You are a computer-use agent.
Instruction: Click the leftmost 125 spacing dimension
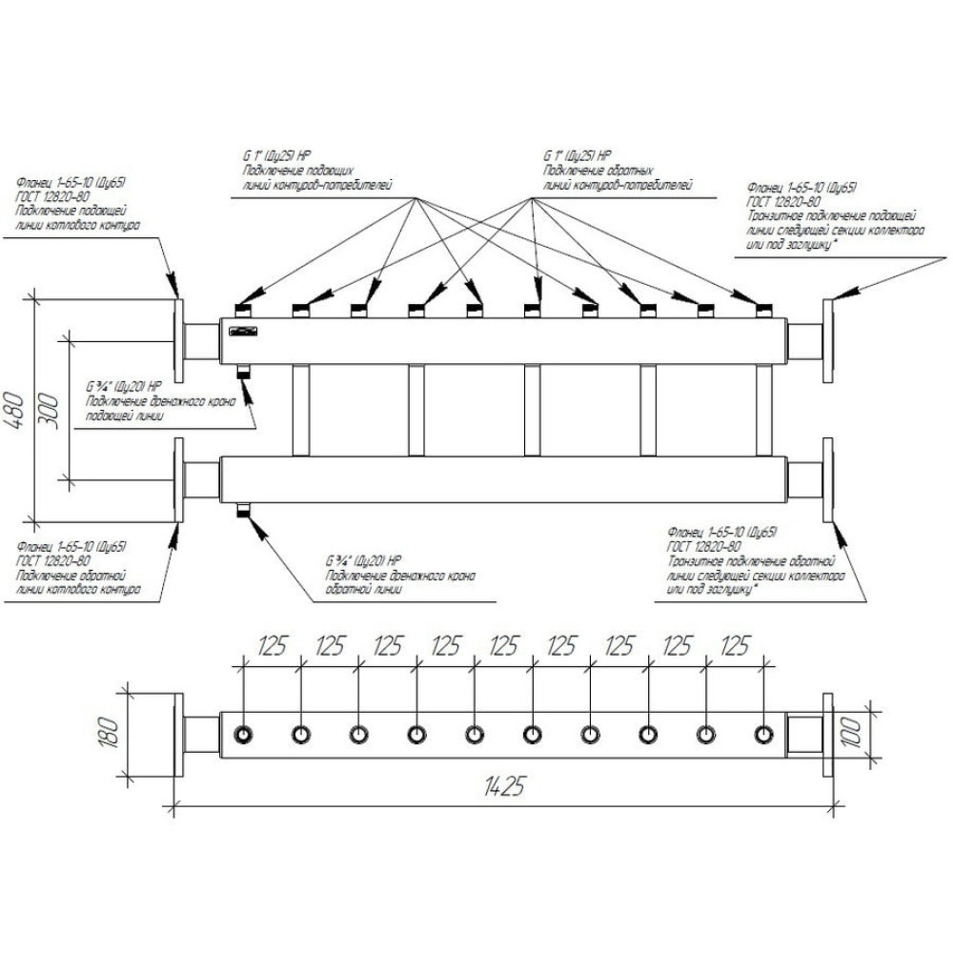point(273,647)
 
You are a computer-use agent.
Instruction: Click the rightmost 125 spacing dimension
point(735,647)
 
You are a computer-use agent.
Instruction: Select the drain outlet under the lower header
point(242,510)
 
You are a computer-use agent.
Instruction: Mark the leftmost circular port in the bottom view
point(244,734)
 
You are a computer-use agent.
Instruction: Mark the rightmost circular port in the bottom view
point(763,734)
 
